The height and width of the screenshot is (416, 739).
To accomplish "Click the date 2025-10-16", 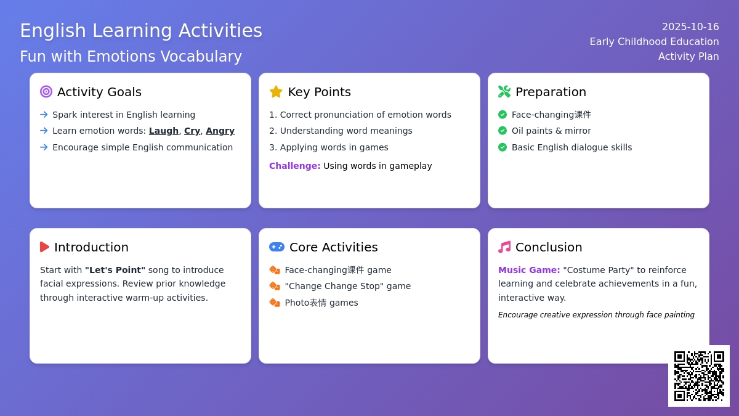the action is [690, 27].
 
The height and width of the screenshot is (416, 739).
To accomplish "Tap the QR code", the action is [699, 376].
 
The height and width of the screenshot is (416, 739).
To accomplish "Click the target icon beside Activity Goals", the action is [46, 91].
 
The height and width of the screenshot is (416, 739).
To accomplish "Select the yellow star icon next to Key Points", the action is [276, 92].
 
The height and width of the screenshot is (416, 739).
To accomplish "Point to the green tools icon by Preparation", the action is [504, 91].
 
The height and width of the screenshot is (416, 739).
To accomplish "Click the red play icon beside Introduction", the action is [44, 247].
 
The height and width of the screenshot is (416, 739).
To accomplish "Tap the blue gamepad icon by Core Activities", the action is [277, 247].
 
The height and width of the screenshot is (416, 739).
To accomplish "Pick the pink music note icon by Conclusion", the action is [504, 247].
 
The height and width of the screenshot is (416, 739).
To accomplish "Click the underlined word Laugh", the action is [164, 131].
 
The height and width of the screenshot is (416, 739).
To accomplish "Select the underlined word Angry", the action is [220, 131].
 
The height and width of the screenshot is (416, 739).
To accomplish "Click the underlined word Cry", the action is [192, 131].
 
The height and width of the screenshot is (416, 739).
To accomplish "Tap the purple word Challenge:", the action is [294, 166].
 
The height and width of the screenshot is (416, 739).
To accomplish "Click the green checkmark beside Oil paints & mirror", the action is [503, 131].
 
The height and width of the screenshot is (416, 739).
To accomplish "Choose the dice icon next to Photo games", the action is [275, 302].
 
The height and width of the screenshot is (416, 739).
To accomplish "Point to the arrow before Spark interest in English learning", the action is [44, 115].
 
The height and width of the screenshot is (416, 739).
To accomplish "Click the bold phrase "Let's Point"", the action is [115, 270].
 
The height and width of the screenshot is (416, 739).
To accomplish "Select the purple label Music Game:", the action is [529, 270].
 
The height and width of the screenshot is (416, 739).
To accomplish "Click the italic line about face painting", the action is [596, 315].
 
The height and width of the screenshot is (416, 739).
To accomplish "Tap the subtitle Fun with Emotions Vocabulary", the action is [131, 56].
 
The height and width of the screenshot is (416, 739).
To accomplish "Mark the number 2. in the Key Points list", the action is [273, 131].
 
